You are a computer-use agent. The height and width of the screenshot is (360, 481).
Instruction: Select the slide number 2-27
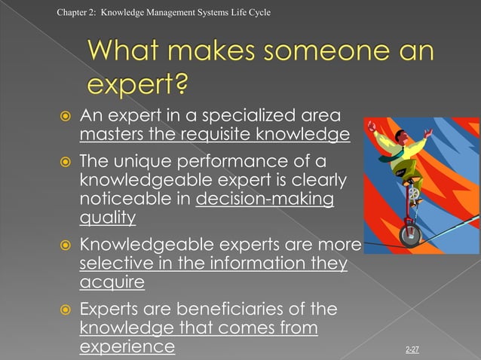(x=412, y=349)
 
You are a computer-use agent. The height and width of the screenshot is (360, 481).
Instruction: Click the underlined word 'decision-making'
(x=265, y=200)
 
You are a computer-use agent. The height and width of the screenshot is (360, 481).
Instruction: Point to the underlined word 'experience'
(x=127, y=347)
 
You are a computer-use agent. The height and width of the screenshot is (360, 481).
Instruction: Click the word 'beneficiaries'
(x=232, y=310)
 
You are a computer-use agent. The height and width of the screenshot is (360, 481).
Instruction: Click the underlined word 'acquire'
(x=112, y=282)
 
